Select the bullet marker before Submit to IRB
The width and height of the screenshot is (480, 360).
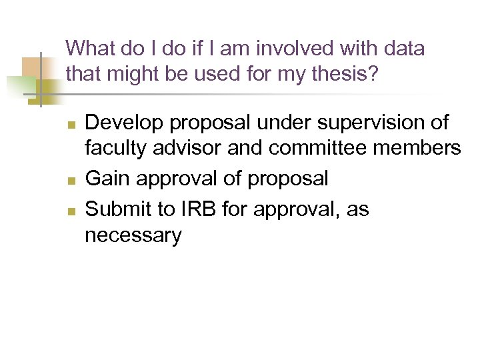[73, 211]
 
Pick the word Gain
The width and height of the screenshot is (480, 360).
[107, 179]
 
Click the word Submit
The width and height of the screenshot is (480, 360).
[118, 209]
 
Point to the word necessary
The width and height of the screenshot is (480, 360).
[133, 236]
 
